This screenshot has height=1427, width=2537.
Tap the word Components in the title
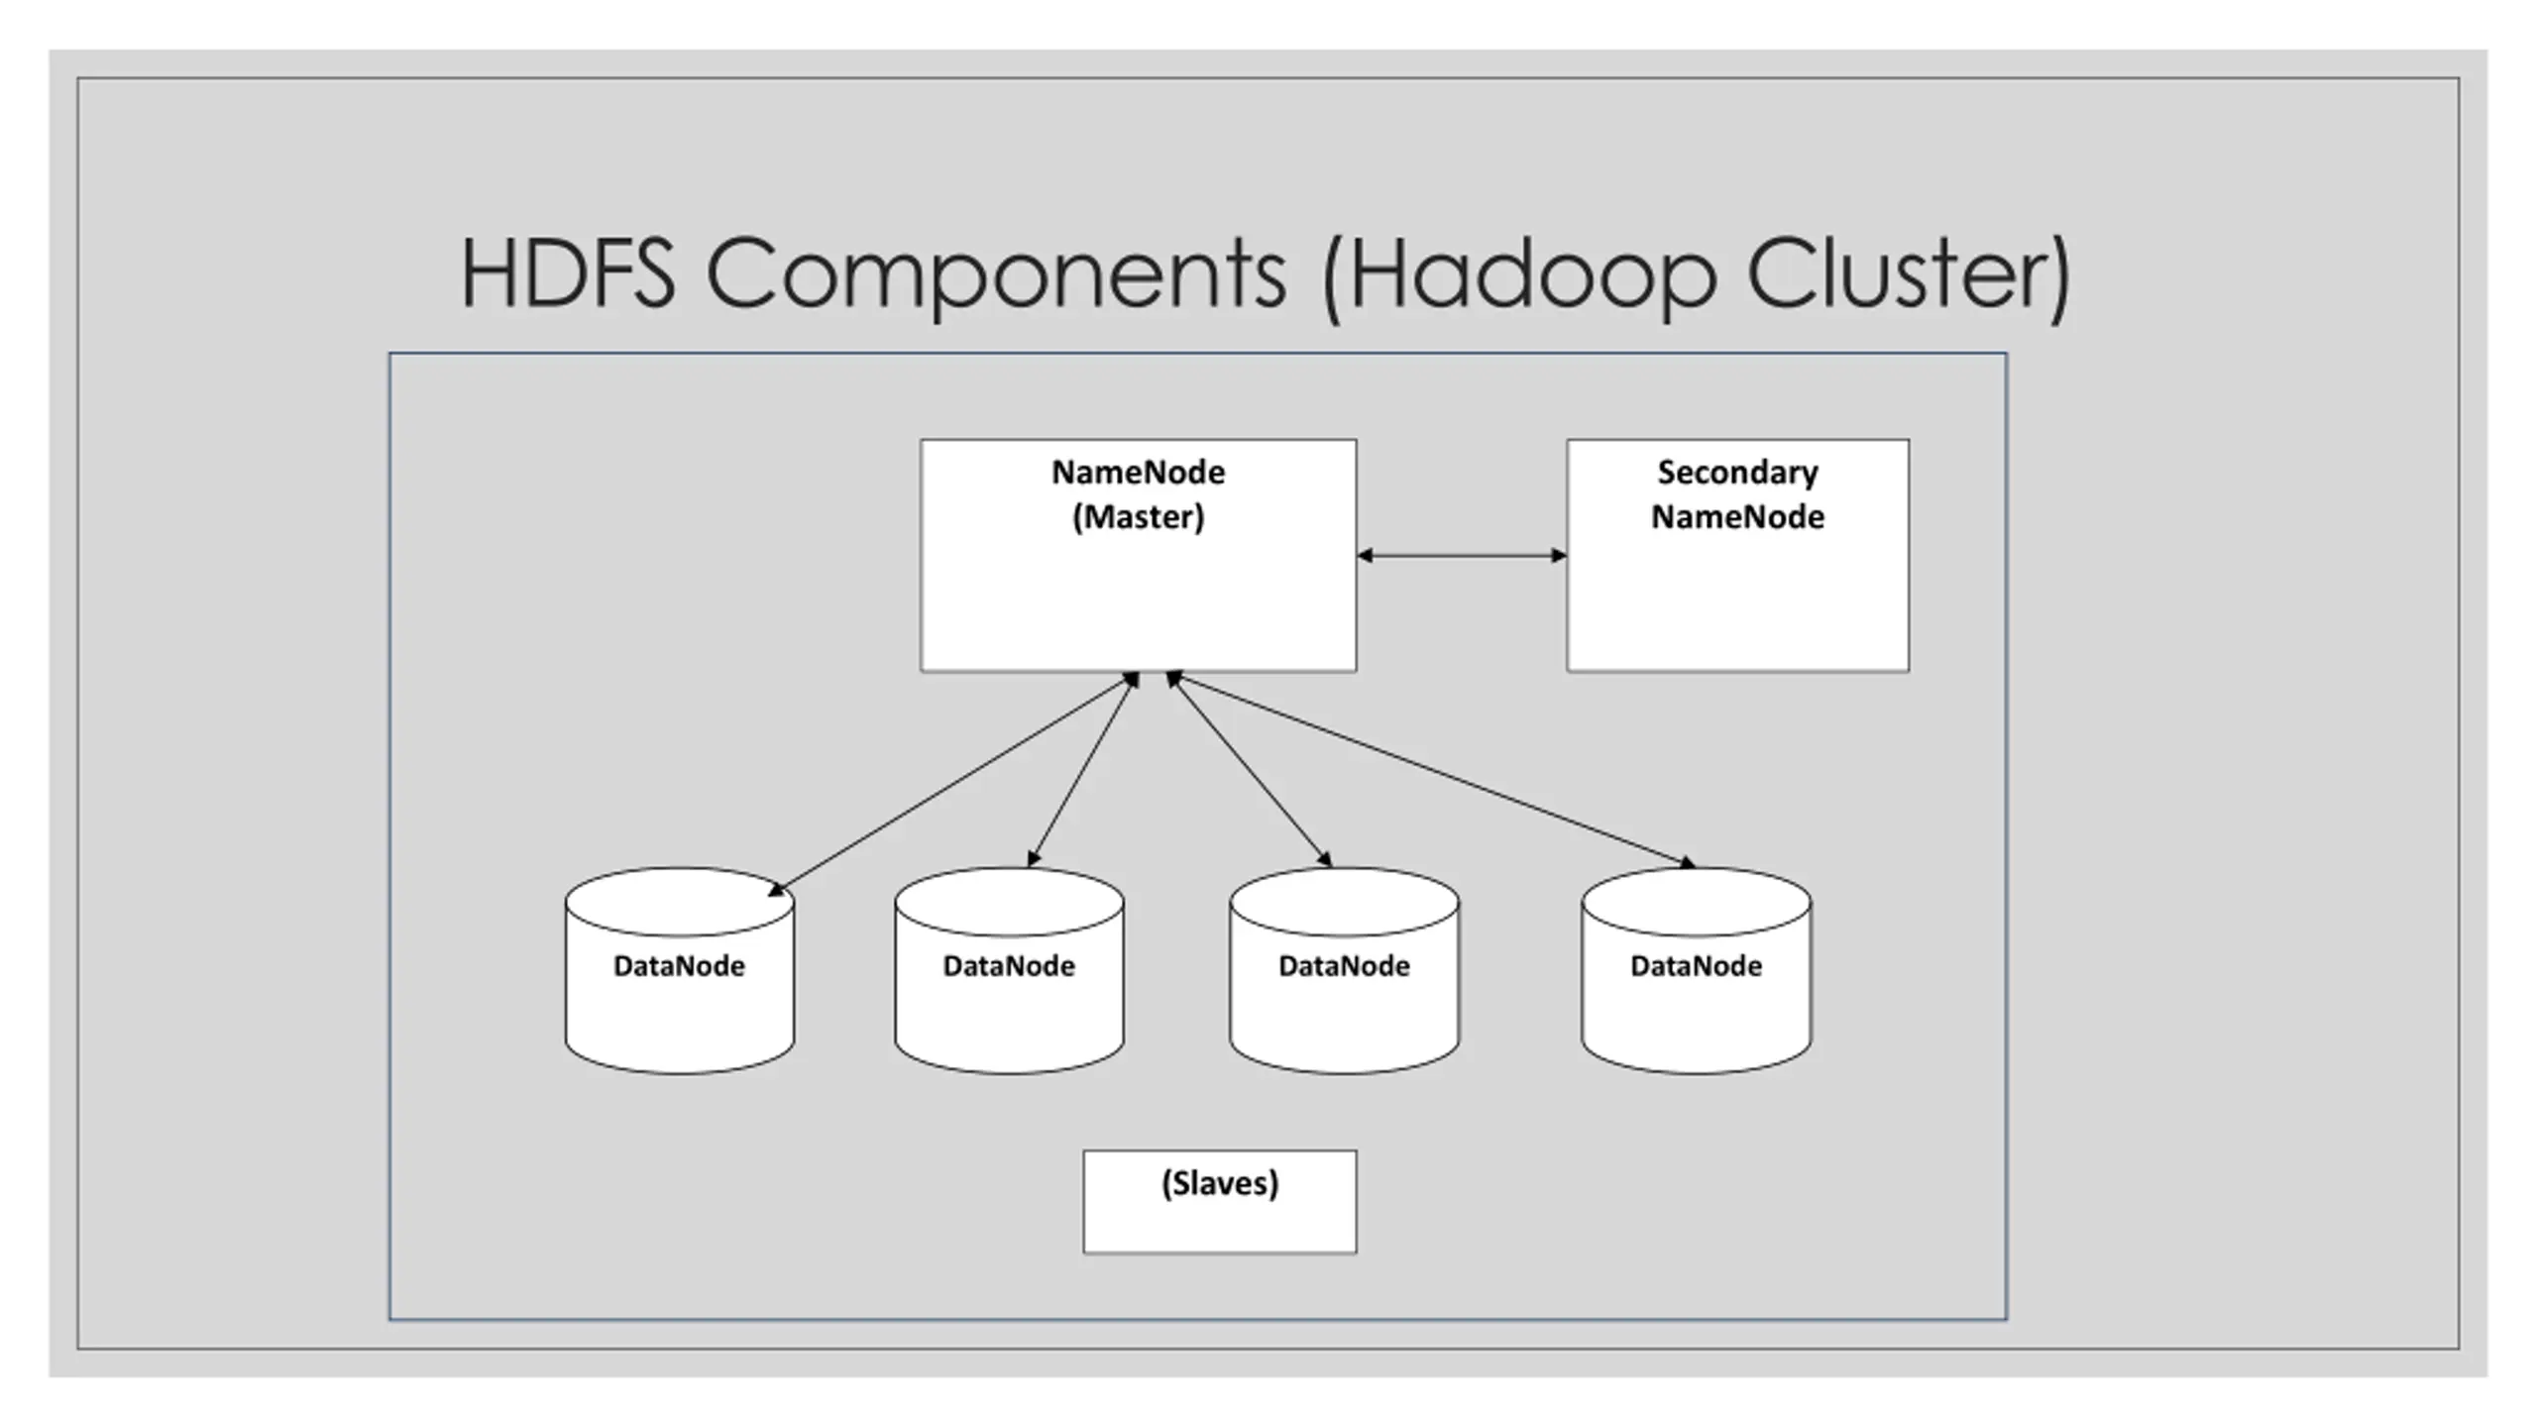coord(996,276)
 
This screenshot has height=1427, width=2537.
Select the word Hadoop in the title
coord(1532,276)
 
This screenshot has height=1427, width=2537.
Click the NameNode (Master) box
coord(1138,555)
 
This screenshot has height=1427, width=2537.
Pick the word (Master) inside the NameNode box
coord(1138,517)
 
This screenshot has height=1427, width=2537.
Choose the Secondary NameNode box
coord(1737,555)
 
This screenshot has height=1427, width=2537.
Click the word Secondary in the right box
coord(1737,474)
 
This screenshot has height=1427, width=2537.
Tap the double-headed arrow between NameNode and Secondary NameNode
coord(1462,555)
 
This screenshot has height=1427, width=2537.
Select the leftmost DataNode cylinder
coord(680,971)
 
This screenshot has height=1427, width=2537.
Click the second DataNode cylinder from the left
coord(1009,971)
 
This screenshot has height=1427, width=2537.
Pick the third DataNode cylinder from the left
coord(1344,971)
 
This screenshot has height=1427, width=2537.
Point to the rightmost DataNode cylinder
coord(1696,971)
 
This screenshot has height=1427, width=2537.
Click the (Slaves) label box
coord(1220,1201)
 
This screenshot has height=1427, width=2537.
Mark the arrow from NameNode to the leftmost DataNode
coord(953,784)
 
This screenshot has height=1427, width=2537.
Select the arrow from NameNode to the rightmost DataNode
coord(1431,770)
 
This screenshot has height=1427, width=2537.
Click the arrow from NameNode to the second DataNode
coord(1083,770)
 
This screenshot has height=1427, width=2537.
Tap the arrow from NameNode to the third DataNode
coord(1249,770)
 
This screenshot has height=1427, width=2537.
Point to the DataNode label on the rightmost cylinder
coord(1696,966)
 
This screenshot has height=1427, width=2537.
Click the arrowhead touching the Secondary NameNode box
coord(1559,555)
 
